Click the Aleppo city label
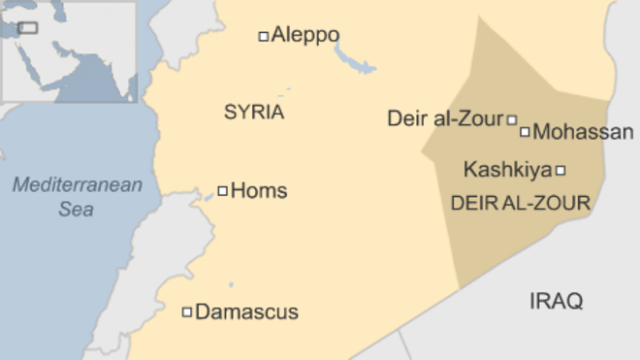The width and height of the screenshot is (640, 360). (x=305, y=36)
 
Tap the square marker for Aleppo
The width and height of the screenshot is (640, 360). (x=263, y=37)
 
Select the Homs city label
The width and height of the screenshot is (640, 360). (x=259, y=190)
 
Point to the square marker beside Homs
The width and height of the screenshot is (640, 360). (x=222, y=191)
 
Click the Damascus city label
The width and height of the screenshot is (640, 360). (x=246, y=312)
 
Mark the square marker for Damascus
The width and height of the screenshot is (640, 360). (x=187, y=312)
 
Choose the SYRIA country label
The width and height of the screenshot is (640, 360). (x=254, y=113)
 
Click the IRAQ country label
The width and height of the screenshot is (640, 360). (x=557, y=301)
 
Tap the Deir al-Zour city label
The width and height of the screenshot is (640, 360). (x=446, y=119)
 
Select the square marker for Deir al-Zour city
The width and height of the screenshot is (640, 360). (x=512, y=120)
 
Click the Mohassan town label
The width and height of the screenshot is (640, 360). (x=583, y=132)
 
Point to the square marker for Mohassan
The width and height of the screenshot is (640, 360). (x=526, y=132)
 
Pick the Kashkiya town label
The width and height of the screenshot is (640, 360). (x=507, y=170)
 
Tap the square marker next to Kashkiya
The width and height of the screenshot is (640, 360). (x=560, y=171)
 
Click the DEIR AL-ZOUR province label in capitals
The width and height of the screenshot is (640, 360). (x=521, y=203)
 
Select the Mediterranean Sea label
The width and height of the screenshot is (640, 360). (x=78, y=196)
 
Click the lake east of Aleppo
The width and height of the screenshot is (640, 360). (x=355, y=60)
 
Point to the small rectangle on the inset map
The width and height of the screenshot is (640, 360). (x=27, y=28)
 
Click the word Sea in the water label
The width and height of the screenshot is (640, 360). (x=77, y=208)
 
